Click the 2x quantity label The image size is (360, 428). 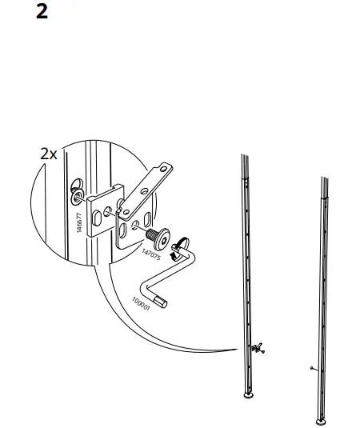click(49, 154)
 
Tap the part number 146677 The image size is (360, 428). click(70, 215)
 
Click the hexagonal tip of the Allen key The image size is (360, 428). click(166, 301)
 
